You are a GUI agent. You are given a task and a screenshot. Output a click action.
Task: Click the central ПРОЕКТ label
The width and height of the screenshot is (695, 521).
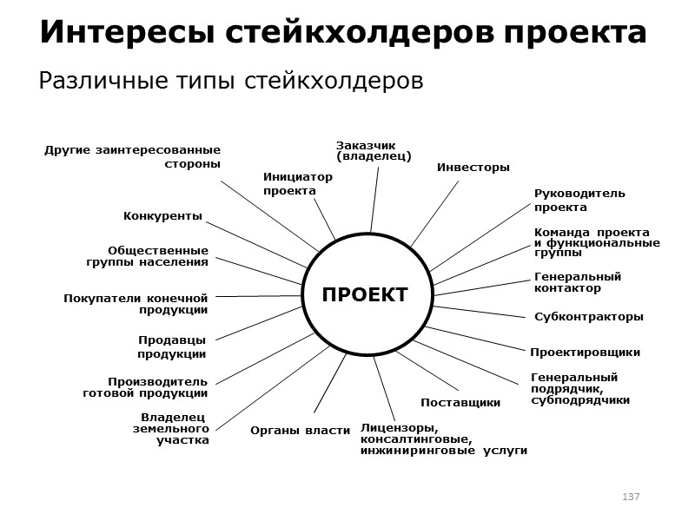(x=365, y=295)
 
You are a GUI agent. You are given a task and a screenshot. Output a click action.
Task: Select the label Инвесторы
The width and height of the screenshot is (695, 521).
(x=473, y=168)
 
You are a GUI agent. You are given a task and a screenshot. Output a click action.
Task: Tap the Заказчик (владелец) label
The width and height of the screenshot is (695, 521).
(x=374, y=150)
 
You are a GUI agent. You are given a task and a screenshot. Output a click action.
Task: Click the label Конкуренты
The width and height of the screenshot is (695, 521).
(x=162, y=215)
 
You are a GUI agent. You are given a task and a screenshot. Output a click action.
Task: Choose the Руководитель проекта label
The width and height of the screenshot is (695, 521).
(x=579, y=201)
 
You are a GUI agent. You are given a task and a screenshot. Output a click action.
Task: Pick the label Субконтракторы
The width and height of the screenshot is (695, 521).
(x=588, y=317)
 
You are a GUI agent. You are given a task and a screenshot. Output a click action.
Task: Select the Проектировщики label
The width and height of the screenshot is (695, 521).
(x=585, y=353)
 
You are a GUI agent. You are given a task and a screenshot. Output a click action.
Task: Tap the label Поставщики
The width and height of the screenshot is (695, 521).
(x=460, y=403)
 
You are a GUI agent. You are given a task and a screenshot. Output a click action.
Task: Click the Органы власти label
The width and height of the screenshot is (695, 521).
(x=300, y=430)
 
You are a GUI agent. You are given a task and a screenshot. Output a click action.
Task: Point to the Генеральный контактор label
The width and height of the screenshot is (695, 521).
(x=577, y=282)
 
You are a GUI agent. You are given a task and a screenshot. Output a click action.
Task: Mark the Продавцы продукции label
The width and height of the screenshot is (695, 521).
(x=172, y=347)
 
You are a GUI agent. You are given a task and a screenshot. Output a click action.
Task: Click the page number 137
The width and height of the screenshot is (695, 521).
(x=631, y=496)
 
